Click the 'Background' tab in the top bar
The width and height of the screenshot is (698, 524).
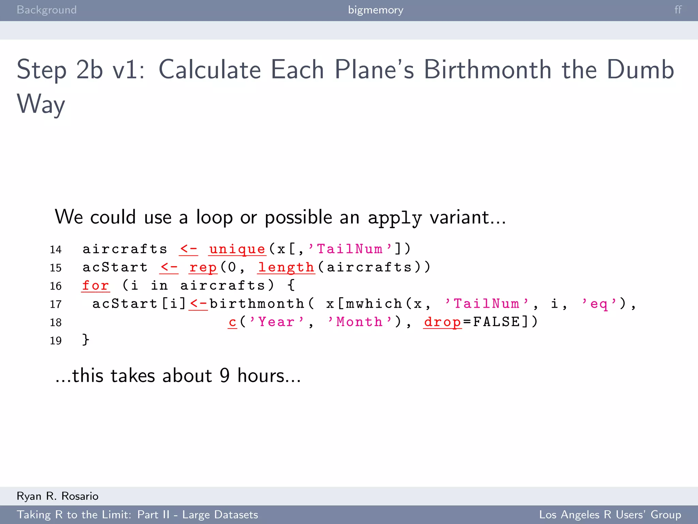pos(47,10)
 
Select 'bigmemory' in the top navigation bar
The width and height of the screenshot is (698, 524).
pos(376,10)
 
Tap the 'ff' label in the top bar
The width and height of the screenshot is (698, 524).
pos(678,10)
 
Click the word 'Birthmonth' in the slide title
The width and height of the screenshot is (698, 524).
pos(487,70)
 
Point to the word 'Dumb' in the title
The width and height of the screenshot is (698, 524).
pos(640,70)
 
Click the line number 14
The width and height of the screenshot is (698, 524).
pos(56,250)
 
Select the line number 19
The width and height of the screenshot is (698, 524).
pos(56,340)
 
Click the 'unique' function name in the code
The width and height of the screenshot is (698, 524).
pos(237,249)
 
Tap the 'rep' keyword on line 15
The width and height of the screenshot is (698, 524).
pos(203,267)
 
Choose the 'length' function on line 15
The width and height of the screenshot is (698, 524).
pos(286,267)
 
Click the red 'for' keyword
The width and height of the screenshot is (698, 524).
pos(95,286)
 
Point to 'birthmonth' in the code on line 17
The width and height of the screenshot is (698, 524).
pos(257,304)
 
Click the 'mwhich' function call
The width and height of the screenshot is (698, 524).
pos(374,304)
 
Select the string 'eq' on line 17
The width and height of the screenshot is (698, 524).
pos(599,304)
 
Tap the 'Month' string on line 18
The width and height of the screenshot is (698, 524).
pos(359,322)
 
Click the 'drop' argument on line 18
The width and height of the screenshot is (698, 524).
pos(442,322)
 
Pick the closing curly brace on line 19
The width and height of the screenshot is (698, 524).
pos(86,340)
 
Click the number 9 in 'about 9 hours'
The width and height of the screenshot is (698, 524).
pos(225,376)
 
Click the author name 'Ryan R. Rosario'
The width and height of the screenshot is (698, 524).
pos(58,496)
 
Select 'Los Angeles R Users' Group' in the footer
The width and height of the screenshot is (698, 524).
pos(610,514)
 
